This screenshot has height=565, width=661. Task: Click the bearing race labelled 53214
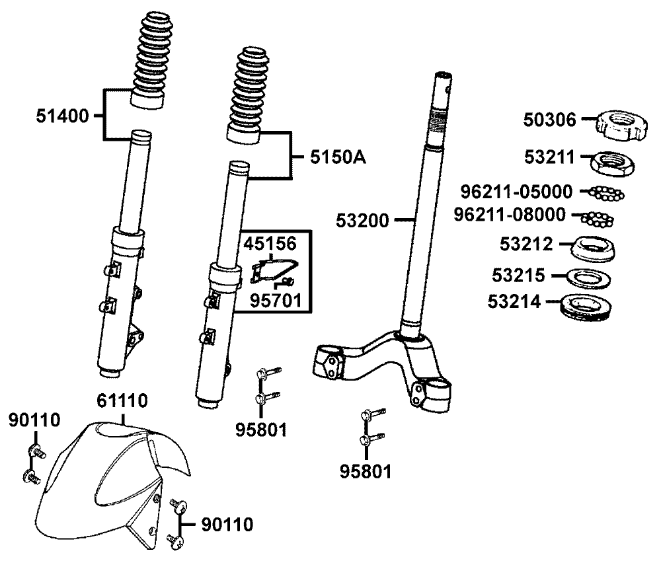pyautogui.click(x=590, y=305)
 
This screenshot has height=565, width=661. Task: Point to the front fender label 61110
pyautogui.click(x=123, y=400)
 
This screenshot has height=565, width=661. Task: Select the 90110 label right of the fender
pyautogui.click(x=225, y=525)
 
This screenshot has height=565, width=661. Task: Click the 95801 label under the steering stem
pyautogui.click(x=366, y=472)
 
